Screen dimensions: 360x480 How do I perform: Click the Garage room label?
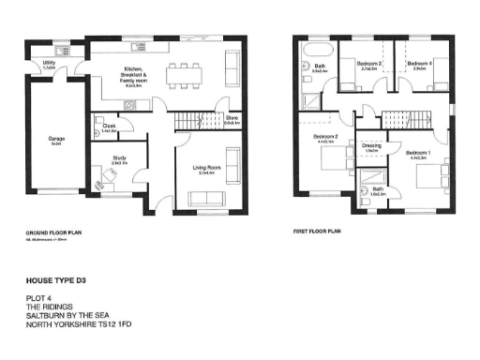(x=55, y=140)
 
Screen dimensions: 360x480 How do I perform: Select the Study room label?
(x=118, y=159)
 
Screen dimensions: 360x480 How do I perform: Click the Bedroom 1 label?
(x=416, y=152)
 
